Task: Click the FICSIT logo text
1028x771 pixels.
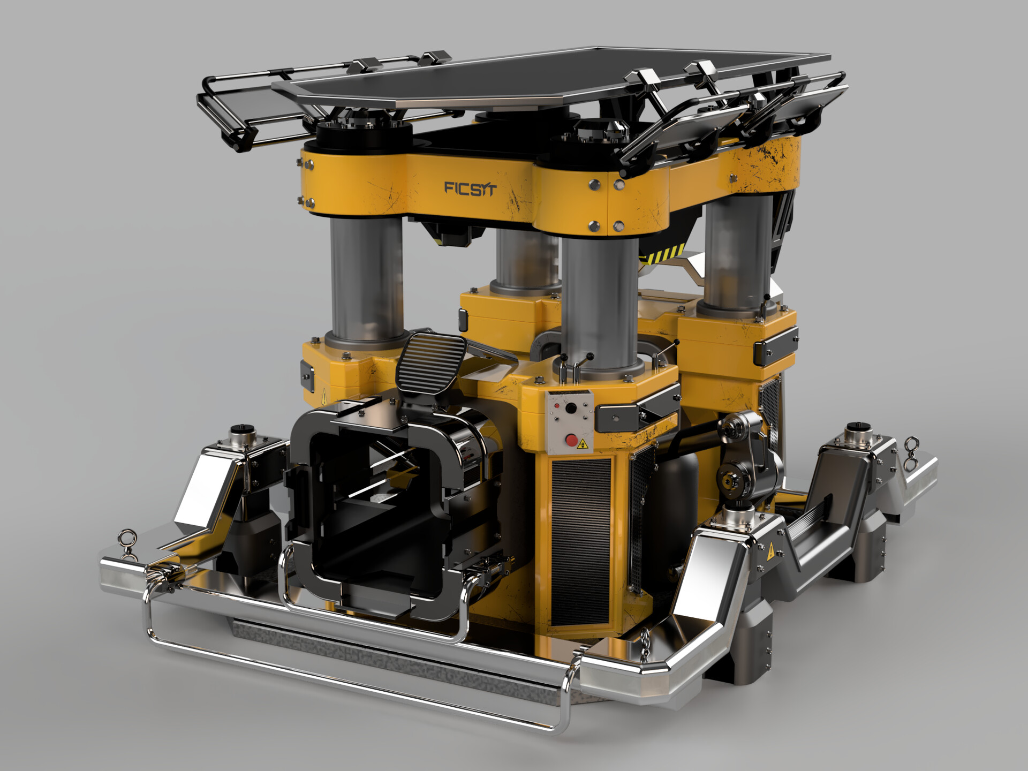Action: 471,188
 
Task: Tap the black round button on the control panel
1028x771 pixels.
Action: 571,409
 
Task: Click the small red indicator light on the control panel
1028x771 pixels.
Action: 557,406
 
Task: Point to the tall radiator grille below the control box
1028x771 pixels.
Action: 581,541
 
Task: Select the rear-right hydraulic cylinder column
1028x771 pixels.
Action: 738,252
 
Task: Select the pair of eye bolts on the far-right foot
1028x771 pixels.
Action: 910,452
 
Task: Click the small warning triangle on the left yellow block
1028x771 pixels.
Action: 324,399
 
